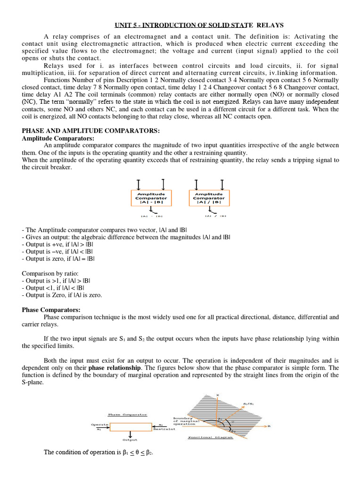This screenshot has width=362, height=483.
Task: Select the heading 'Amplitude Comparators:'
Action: pyautogui.click(x=58, y=138)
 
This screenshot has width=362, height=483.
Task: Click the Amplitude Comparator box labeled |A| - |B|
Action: pyautogui.click(x=151, y=198)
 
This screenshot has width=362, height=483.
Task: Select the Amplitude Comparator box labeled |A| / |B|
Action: pyautogui.click(x=209, y=198)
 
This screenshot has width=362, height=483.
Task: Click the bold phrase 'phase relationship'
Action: pyautogui.click(x=114, y=367)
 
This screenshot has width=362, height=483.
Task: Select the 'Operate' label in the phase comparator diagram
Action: pyautogui.click(x=99, y=425)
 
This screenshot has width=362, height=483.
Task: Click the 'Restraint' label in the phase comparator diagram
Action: pyautogui.click(x=165, y=429)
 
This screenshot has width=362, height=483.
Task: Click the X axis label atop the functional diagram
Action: pyautogui.click(x=217, y=395)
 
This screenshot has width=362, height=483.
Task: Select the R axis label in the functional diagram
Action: pyautogui.click(x=269, y=426)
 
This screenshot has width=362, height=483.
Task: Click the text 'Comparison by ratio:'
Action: pyautogui.click(x=48, y=273)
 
